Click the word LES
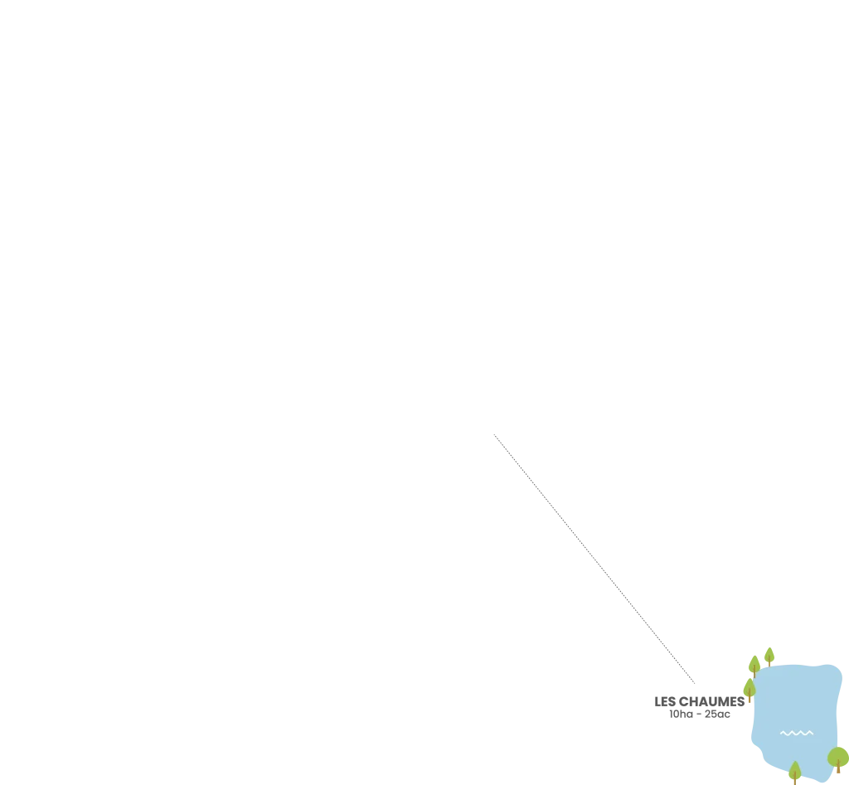[665, 701]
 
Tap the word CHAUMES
[711, 701]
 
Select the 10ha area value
[681, 714]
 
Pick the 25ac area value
[717, 714]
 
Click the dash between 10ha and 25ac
[698, 715]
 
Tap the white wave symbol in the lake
[797, 733]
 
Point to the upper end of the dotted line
[494, 434]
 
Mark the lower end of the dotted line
[695, 683]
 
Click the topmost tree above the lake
[769, 657]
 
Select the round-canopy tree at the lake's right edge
[838, 759]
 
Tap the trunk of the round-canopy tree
[838, 766]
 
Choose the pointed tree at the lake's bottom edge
[795, 772]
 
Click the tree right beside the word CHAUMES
[750, 690]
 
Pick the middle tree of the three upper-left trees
[754, 666]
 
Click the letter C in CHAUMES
[683, 701]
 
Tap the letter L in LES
[657, 701]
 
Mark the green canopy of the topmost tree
[769, 654]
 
